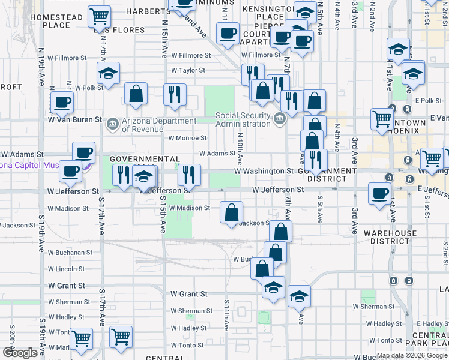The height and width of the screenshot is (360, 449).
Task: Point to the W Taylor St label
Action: pos(188,70)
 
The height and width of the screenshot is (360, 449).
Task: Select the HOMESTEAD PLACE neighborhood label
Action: pos(56,21)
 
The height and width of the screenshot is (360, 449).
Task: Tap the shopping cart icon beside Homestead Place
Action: pos(100,16)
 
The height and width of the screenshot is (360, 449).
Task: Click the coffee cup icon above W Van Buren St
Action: pos(62,101)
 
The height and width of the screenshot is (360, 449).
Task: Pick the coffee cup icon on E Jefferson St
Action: pos(379,193)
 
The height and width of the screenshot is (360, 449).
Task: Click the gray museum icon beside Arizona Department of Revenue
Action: pos(112,124)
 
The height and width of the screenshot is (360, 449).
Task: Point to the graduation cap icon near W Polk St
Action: pos(108,73)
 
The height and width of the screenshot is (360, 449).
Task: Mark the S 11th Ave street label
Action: pos(227,315)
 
